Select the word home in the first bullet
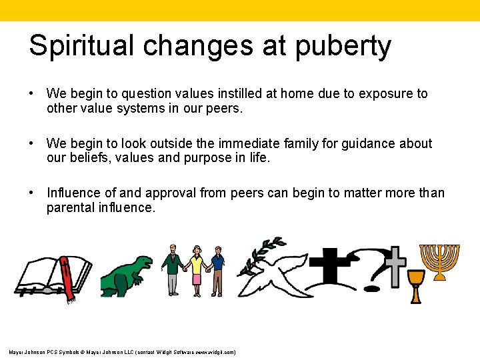tap(296, 94)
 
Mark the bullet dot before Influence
tap(31, 193)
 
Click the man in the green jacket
tap(171, 269)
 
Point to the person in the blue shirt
tap(217, 270)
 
